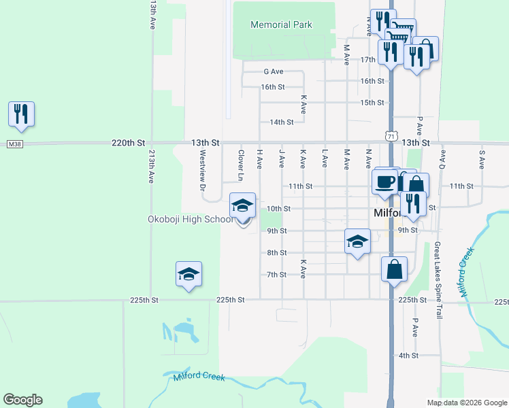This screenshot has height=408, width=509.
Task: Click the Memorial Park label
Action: pyautogui.click(x=281, y=24)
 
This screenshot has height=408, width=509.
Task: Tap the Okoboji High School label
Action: pyautogui.click(x=191, y=219)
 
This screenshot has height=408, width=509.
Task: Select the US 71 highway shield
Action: pyautogui.click(x=391, y=137)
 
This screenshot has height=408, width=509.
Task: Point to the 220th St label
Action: pyautogui.click(x=129, y=143)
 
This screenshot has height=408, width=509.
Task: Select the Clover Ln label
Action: pyautogui.click(x=240, y=165)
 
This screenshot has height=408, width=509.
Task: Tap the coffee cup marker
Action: pyautogui.click(x=385, y=182)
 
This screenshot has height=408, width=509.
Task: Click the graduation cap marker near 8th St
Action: pyautogui.click(x=358, y=241)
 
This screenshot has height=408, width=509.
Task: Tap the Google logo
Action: pyautogui.click(x=22, y=400)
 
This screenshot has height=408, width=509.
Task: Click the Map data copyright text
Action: pyautogui.click(x=466, y=403)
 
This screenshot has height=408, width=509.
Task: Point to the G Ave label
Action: pyautogui.click(x=273, y=71)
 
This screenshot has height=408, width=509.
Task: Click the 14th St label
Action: pyautogui.click(x=281, y=122)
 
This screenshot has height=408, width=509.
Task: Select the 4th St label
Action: pyautogui.click(x=408, y=356)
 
